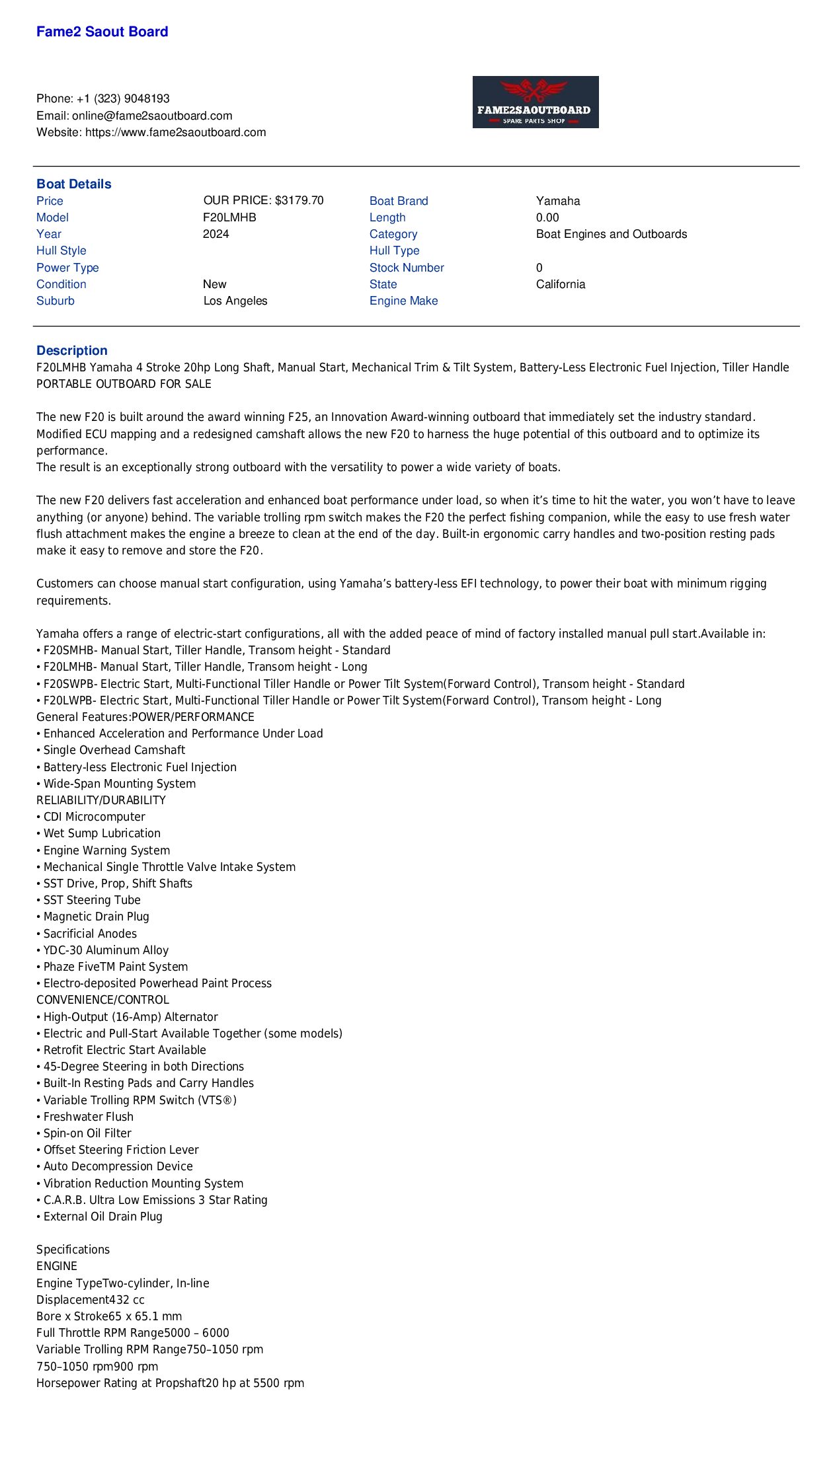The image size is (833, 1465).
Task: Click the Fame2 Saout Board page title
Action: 102,32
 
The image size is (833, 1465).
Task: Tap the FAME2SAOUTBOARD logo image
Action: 535,102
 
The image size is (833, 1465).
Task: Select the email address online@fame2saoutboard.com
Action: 152,116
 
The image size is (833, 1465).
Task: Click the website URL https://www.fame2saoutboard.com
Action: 175,132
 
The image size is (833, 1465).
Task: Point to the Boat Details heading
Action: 73,184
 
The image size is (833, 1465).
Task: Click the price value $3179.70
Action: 299,200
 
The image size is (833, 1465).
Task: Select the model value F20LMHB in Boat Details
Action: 229,217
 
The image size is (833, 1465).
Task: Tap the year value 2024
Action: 216,234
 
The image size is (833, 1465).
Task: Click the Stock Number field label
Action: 407,268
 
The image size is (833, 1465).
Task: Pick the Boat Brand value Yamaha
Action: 558,201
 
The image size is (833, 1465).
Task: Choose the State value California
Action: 561,284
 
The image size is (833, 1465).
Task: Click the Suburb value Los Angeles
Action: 235,301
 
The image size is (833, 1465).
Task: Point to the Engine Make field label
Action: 403,301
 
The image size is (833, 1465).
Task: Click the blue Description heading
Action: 71,350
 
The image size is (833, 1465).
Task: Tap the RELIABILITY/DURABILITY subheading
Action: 100,800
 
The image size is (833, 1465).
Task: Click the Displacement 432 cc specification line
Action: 90,1299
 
